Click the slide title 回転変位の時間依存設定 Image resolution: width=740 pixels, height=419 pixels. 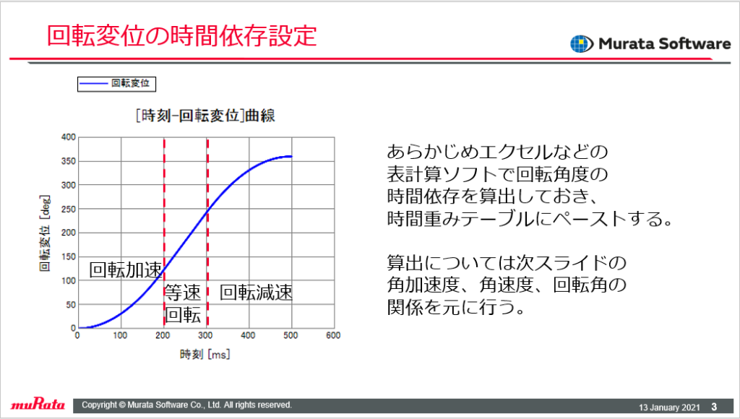pos(181,36)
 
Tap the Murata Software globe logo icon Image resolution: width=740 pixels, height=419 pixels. pos(582,44)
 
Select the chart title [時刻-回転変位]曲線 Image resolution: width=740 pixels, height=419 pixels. pos(205,115)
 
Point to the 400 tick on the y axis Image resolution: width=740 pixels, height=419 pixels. pos(69,137)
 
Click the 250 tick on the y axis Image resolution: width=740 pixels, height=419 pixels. pos(69,209)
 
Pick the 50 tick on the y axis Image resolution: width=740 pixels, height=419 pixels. pos(70,305)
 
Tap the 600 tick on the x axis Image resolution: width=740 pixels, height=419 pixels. pos(333,335)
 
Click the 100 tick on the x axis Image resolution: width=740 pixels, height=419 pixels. pos(121,335)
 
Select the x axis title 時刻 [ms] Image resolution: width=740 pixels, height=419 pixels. pos(205,355)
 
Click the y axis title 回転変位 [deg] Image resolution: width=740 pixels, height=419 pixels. pos(44,233)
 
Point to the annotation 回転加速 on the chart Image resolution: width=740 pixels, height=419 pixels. pos(126,270)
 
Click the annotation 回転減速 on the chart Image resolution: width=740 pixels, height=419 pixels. pos(257,293)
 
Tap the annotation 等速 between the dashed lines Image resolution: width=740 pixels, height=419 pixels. pos(183,293)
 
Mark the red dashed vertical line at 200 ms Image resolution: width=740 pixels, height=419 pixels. pos(164,233)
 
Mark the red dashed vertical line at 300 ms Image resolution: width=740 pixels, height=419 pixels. pos(207,233)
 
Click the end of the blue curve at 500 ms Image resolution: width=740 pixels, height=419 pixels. pos(292,156)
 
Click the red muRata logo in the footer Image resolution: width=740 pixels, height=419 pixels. pos(38,405)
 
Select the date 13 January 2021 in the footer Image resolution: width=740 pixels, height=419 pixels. pos(669,407)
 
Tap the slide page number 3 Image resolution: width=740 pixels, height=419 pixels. pos(714,407)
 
